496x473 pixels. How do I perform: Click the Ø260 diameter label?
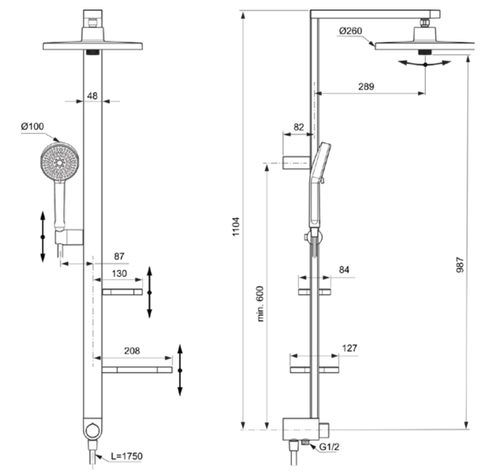click(351, 31)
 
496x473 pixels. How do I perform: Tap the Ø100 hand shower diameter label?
click(32, 127)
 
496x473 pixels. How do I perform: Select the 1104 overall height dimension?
click(236, 226)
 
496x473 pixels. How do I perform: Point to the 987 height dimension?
click(460, 265)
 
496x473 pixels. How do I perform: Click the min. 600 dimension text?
click(260, 304)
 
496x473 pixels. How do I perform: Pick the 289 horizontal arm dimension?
click(366, 86)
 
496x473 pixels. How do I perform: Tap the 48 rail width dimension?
click(92, 96)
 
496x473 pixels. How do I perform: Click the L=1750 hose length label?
click(127, 456)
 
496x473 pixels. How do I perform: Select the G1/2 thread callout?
click(329, 447)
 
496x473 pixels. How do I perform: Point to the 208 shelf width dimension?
click(132, 351)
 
